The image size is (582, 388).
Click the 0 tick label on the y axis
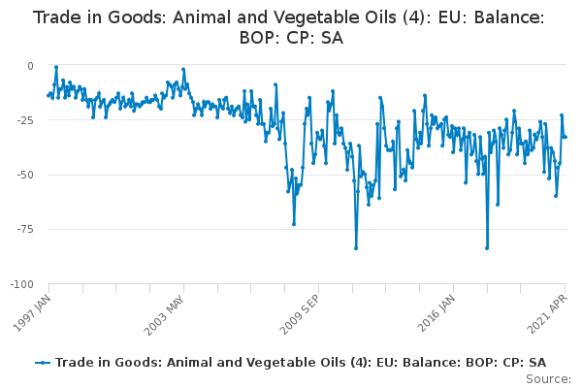click(x=30, y=66)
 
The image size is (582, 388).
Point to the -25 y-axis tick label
click(x=25, y=120)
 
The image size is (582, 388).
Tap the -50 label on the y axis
click(x=25, y=175)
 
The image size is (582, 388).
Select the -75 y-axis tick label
click(x=25, y=230)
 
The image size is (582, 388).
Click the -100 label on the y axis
click(x=22, y=284)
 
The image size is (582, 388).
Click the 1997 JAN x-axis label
click(x=32, y=313)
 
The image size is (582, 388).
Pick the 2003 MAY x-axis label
click(x=165, y=315)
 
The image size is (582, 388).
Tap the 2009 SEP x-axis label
click(x=299, y=314)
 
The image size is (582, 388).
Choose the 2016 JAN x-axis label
click(x=436, y=313)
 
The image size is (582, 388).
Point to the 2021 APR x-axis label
click(x=547, y=314)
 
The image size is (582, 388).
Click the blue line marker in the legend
click(x=43, y=363)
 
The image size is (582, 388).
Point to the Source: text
click(x=548, y=379)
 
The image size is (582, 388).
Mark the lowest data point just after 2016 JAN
click(x=487, y=248)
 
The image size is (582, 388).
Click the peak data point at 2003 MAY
click(x=183, y=70)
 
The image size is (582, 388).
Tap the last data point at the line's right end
click(x=566, y=137)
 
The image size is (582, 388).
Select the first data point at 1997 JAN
click(x=48, y=95)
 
